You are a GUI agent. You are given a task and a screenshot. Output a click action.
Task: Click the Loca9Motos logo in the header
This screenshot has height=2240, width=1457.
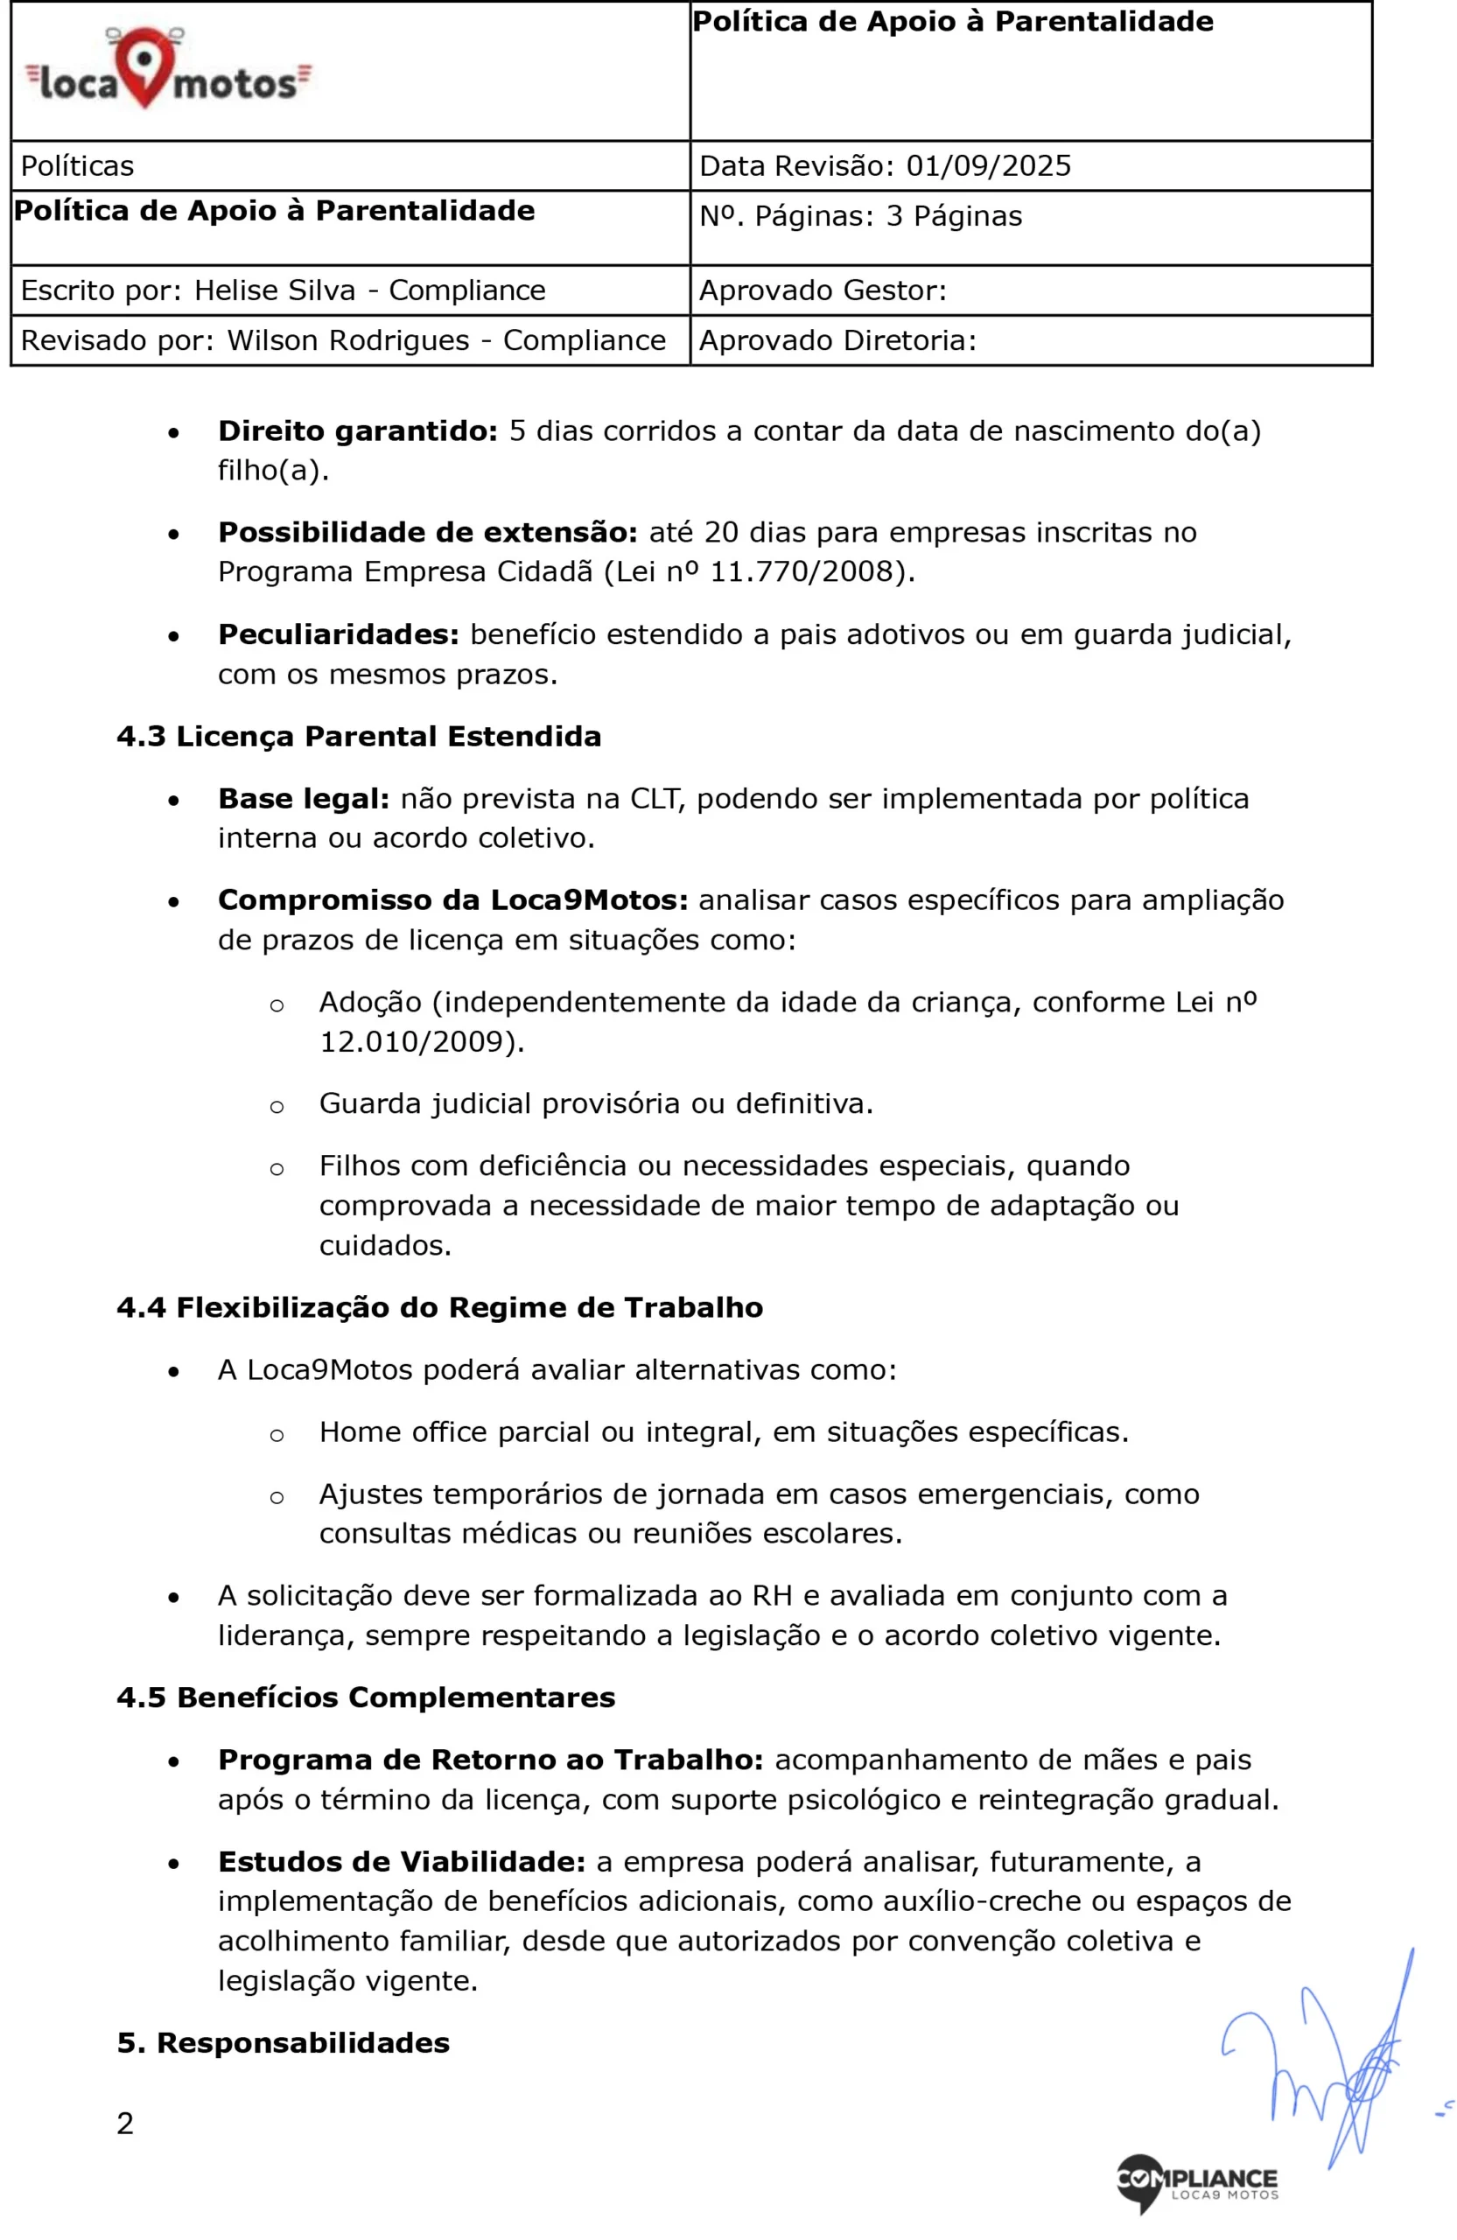tap(167, 71)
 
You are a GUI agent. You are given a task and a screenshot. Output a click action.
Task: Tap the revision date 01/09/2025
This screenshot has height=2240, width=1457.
tap(988, 165)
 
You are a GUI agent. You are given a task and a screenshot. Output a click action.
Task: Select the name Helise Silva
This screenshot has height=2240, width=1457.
tap(275, 290)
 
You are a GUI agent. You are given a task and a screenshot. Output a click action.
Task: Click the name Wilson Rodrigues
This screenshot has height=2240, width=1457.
tap(348, 339)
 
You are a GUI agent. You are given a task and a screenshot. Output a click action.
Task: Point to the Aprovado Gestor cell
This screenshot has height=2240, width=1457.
tap(1030, 290)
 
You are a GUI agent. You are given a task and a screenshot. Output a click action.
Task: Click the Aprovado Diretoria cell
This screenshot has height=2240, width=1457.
tap(1030, 339)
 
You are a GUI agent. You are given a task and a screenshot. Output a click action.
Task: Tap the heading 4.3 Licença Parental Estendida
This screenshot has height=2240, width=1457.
tap(359, 736)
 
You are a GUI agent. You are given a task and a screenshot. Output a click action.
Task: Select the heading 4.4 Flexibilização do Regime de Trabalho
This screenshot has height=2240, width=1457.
tap(439, 1307)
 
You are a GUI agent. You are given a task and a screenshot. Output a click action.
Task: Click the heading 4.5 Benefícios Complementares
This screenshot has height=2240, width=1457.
tap(365, 1697)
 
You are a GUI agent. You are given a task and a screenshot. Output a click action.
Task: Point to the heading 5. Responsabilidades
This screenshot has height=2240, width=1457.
tap(284, 2042)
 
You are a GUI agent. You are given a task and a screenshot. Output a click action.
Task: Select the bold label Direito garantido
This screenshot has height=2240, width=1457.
tap(358, 431)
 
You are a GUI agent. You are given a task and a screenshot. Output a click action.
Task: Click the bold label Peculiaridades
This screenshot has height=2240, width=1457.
tap(339, 634)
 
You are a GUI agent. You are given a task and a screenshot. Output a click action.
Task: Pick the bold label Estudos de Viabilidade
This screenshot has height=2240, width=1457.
tap(402, 1862)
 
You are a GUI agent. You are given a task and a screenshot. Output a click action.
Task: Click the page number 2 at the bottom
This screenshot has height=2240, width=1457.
tap(125, 2124)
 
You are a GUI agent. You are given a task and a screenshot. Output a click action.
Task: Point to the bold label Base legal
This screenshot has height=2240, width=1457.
tap(303, 798)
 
